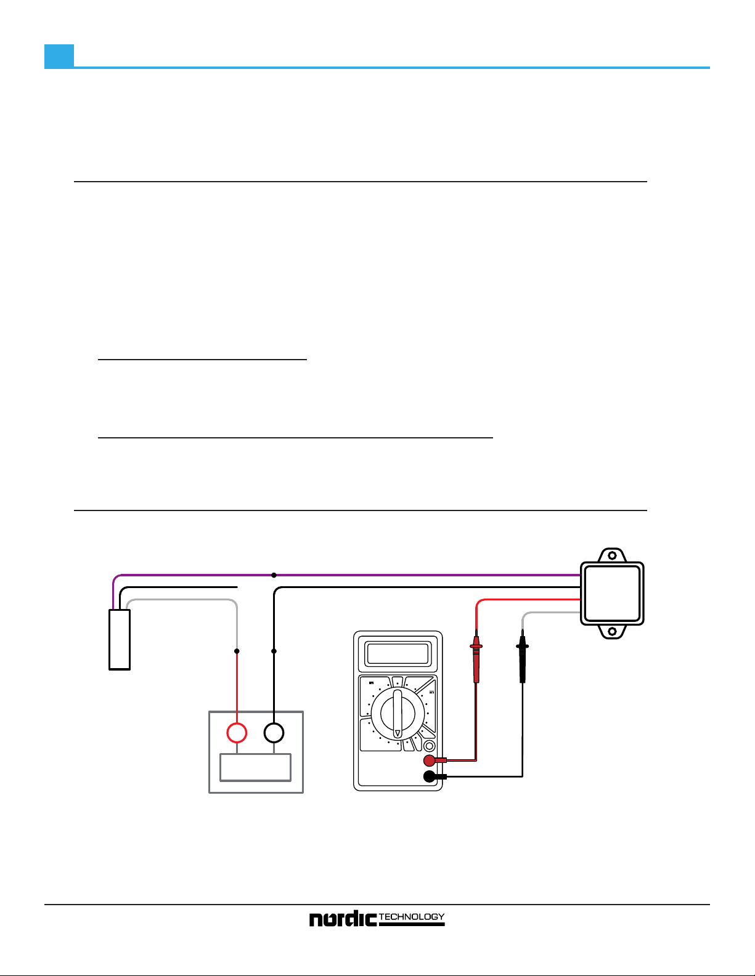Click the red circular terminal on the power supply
[x=237, y=733]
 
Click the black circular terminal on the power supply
[x=274, y=733]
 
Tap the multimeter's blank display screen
[x=398, y=653]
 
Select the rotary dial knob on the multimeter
[x=398, y=714]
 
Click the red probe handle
[x=476, y=662]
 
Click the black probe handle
[x=523, y=662]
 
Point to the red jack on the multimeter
[x=430, y=760]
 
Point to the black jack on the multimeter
[x=430, y=776]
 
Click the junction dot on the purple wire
[x=274, y=575]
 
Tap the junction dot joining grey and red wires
[x=237, y=651]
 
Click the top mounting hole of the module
[x=612, y=555]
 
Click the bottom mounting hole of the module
[x=612, y=632]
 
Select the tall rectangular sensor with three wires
[x=120, y=639]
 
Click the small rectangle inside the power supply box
[x=256, y=767]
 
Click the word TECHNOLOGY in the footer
[x=412, y=917]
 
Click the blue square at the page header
[x=59, y=56]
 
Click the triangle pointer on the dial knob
[x=398, y=733]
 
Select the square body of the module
[x=612, y=594]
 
